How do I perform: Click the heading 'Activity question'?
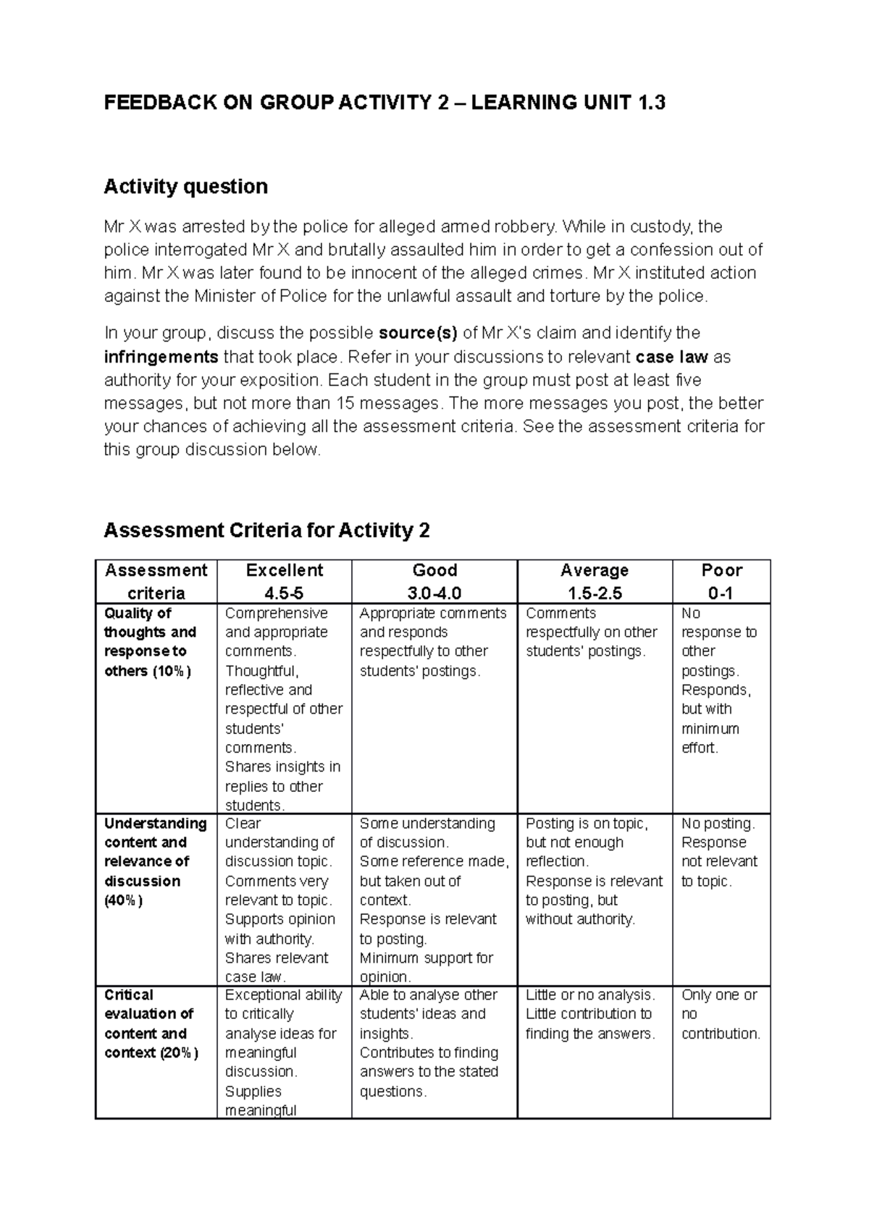pyautogui.click(x=185, y=187)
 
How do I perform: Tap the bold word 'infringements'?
pyautogui.click(x=161, y=357)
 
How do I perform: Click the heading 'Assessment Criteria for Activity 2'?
pyautogui.click(x=266, y=531)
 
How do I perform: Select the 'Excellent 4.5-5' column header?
pyautogui.click(x=284, y=581)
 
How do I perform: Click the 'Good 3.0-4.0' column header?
pyautogui.click(x=434, y=581)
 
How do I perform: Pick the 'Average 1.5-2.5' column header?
pyautogui.click(x=594, y=581)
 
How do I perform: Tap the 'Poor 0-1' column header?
pyautogui.click(x=721, y=581)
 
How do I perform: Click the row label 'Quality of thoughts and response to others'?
pyautogui.click(x=151, y=642)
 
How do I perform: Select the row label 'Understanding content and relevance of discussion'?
pyautogui.click(x=154, y=861)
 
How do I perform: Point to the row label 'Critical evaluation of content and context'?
pyautogui.click(x=151, y=1023)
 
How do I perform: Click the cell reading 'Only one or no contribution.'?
pyautogui.click(x=720, y=1014)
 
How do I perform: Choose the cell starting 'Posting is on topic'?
pyautogui.click(x=593, y=871)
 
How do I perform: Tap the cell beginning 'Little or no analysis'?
pyautogui.click(x=589, y=1014)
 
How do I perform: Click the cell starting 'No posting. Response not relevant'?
pyautogui.click(x=719, y=852)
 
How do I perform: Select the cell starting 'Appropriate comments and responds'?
pyautogui.click(x=432, y=642)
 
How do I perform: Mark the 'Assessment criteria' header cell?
pyautogui.click(x=156, y=581)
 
